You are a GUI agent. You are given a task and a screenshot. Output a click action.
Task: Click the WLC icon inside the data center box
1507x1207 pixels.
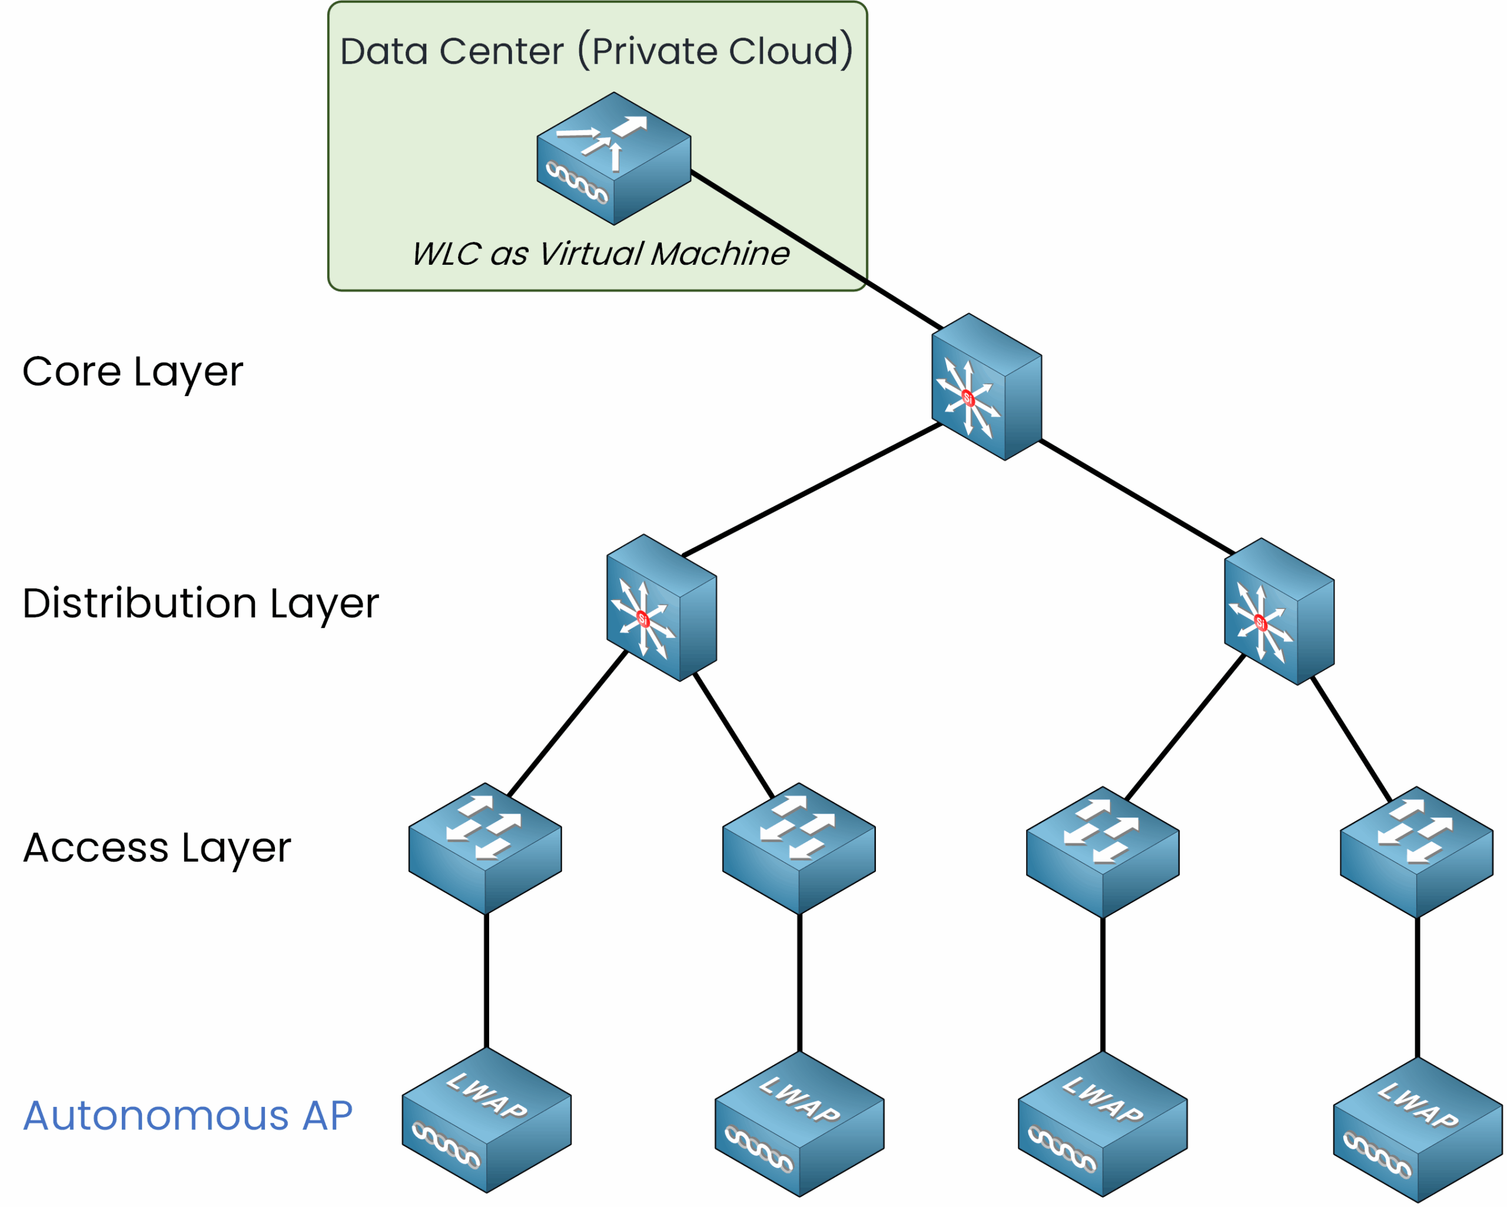tap(614, 159)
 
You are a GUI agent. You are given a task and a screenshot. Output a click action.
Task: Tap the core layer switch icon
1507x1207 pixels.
tap(986, 387)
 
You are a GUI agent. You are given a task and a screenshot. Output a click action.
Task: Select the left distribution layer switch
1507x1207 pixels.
tap(661, 607)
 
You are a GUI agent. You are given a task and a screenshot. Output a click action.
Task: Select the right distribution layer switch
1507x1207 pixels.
tap(1279, 611)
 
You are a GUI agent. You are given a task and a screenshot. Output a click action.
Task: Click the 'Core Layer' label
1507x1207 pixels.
tap(133, 372)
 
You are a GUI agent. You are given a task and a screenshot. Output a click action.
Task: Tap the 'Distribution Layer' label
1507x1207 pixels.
tap(201, 603)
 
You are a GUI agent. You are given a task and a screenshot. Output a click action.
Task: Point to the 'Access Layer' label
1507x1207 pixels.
tap(157, 848)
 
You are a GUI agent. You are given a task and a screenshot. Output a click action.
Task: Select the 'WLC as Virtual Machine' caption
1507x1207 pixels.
tap(600, 254)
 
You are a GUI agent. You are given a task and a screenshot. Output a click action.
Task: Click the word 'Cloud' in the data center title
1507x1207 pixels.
tap(783, 51)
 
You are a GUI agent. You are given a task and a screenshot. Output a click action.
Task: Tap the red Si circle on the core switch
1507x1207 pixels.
tap(968, 398)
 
